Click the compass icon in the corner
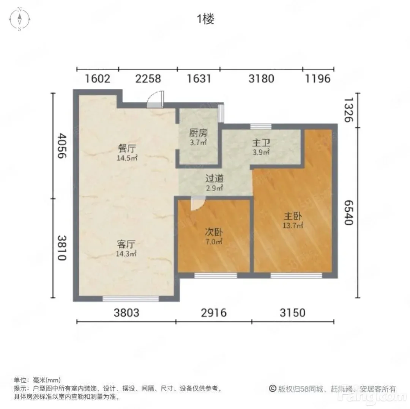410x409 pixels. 20,19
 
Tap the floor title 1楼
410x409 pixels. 205,19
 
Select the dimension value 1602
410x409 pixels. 98,79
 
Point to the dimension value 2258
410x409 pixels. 148,79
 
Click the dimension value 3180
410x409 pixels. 261,79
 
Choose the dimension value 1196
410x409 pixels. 318,79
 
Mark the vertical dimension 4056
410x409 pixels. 62,146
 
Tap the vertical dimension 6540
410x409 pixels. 348,212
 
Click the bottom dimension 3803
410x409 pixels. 126,313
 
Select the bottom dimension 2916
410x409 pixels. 214,313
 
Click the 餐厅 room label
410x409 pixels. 127,148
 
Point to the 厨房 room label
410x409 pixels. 198,133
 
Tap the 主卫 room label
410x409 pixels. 261,143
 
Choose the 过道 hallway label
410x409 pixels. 214,178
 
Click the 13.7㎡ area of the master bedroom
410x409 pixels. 293,225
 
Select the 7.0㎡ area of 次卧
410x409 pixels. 214,241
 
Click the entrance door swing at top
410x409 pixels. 155,99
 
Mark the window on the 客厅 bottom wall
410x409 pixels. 131,299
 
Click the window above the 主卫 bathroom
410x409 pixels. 261,126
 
